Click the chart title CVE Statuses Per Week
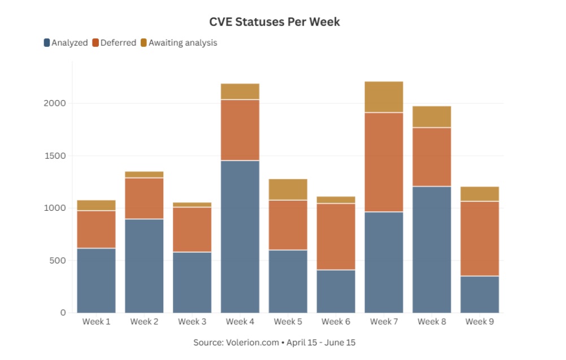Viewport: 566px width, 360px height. pyautogui.click(x=275, y=22)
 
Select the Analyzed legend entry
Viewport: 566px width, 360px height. pyautogui.click(x=66, y=42)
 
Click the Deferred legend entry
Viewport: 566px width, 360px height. pyautogui.click(x=114, y=42)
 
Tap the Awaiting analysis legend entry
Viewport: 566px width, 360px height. pyautogui.click(x=179, y=42)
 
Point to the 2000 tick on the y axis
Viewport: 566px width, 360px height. pyautogui.click(x=55, y=103)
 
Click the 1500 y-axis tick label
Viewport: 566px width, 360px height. pyautogui.click(x=55, y=156)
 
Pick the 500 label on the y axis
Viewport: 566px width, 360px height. pyautogui.click(x=58, y=261)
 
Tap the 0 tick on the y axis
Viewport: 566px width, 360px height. pyautogui.click(x=63, y=313)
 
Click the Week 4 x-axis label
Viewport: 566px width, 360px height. pyautogui.click(x=240, y=322)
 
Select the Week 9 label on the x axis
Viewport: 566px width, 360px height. pyautogui.click(x=480, y=322)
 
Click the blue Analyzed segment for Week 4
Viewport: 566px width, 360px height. pyautogui.click(x=240, y=237)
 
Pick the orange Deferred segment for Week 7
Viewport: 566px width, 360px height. pyautogui.click(x=384, y=162)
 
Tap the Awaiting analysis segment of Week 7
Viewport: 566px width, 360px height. pyautogui.click(x=384, y=97)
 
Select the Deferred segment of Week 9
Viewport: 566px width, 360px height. pyautogui.click(x=480, y=238)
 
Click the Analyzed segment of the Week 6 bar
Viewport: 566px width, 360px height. pyautogui.click(x=336, y=292)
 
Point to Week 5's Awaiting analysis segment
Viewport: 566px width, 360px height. pyautogui.click(x=288, y=189)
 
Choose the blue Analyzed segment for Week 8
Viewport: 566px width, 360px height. pyautogui.click(x=432, y=250)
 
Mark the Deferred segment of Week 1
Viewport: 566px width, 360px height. pyautogui.click(x=97, y=229)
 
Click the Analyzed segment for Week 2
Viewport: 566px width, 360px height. pyautogui.click(x=145, y=266)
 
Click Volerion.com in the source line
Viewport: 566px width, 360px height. pyautogui.click(x=252, y=342)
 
